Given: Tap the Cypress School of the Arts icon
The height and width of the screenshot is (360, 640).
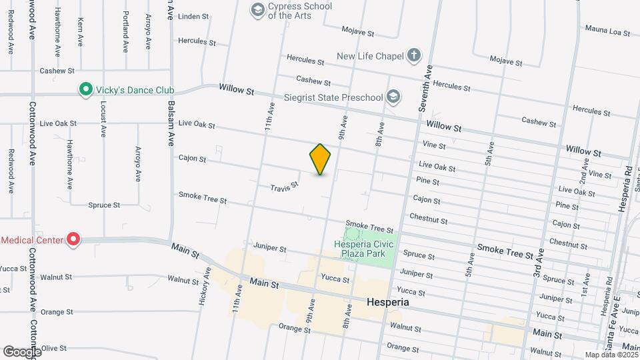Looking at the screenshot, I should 257,9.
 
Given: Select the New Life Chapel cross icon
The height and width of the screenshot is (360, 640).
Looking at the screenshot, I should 414,56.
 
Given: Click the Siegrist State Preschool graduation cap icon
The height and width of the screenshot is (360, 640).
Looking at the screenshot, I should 393,98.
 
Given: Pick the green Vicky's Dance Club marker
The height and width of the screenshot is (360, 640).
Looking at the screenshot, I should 85,89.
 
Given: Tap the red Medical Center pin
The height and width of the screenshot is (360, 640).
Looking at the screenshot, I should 73,239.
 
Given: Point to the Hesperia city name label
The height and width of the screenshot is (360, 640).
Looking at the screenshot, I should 387,302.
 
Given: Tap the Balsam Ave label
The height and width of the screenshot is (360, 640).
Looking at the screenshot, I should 171,124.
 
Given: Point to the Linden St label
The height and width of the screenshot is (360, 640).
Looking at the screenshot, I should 195,16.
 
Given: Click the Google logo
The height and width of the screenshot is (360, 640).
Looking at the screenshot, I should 21,351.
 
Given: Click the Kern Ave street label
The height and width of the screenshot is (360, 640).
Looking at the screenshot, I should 81,31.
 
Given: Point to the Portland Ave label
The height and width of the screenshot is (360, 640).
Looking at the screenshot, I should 125,31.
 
